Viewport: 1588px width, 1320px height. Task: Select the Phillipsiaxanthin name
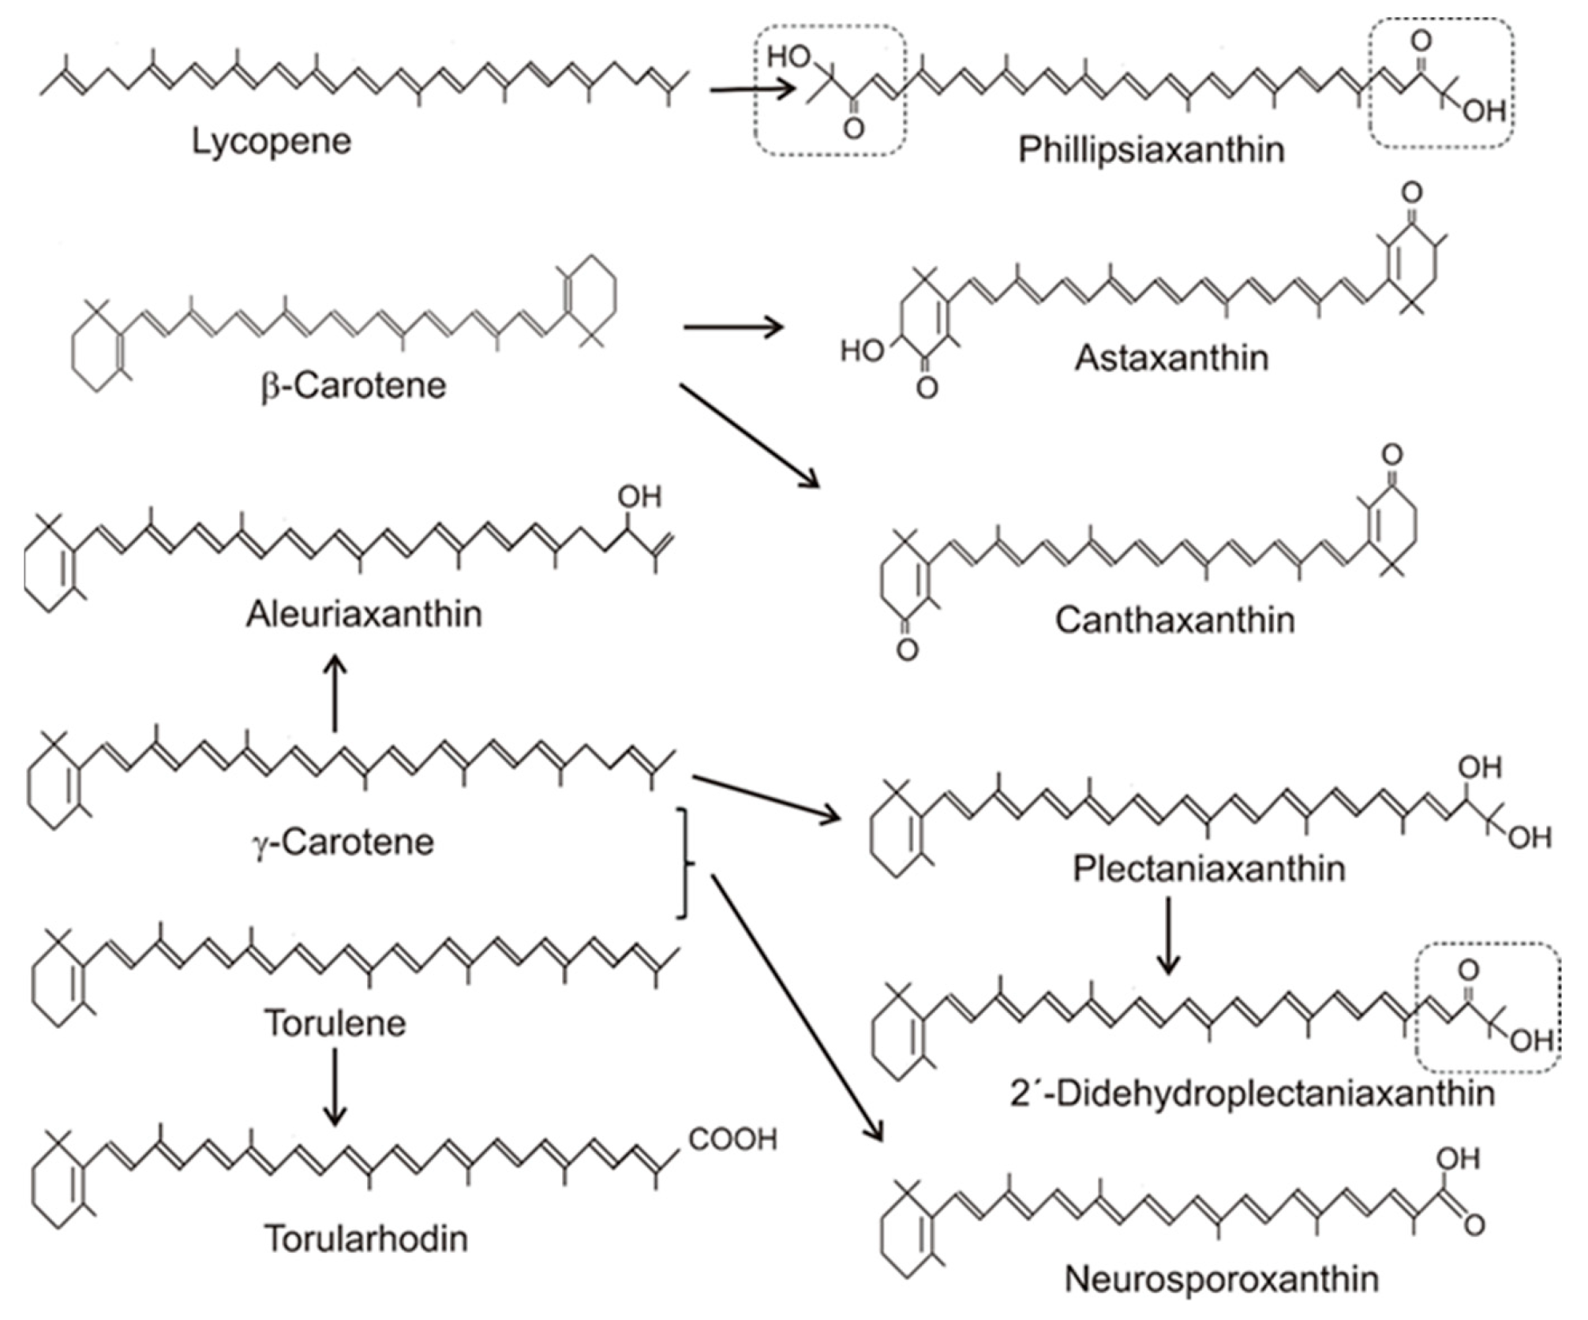[x=1152, y=150]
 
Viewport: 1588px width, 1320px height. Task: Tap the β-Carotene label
[x=354, y=386]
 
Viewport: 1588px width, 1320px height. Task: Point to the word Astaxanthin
[x=1172, y=358]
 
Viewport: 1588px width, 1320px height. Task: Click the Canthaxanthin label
[x=1175, y=620]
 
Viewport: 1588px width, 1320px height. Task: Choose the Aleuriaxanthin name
[x=364, y=614]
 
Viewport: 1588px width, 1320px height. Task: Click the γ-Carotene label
[x=343, y=842]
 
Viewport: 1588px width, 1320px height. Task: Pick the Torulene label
[x=335, y=1023]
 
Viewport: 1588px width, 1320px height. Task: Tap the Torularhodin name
[x=366, y=1239]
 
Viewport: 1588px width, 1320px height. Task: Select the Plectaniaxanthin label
[x=1208, y=869]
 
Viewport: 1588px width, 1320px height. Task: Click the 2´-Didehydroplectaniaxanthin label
[x=1253, y=1094]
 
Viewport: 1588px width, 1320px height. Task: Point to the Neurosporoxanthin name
[x=1222, y=1280]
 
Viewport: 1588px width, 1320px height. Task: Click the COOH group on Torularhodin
[x=732, y=1139]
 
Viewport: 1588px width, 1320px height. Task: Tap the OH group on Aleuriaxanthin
[x=639, y=497]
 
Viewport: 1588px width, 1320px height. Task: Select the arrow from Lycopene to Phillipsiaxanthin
[x=752, y=89]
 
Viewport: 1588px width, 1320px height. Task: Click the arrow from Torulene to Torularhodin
[x=335, y=1086]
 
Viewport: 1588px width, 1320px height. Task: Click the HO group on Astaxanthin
[x=862, y=350]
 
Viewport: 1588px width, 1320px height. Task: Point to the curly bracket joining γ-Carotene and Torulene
[x=685, y=863]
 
